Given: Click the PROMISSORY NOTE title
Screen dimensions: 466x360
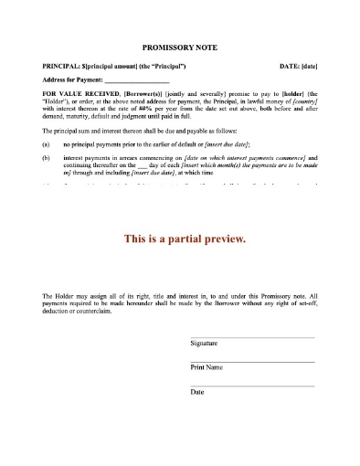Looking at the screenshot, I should tap(179, 45).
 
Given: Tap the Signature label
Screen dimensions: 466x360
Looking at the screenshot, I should tap(204, 343).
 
